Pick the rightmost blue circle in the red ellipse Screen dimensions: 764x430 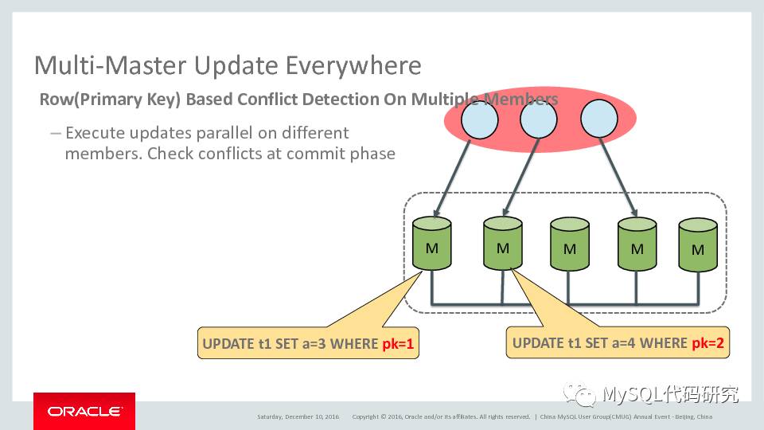[599, 120]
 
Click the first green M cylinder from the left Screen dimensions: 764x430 [432, 245]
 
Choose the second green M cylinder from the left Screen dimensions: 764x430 [502, 245]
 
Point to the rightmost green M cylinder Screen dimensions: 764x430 [698, 248]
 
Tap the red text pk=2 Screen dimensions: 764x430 [707, 343]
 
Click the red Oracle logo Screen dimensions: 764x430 [84, 411]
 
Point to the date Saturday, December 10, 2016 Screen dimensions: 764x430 [298, 416]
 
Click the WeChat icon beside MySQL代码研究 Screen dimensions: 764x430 [579, 394]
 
